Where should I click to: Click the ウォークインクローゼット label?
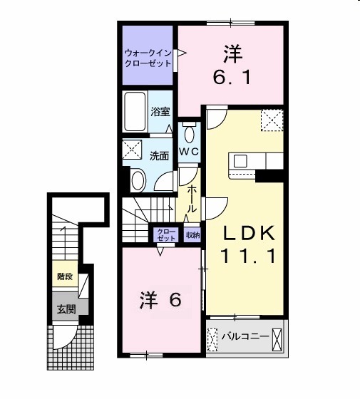pos(148,58)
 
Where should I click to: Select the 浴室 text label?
pos(160,111)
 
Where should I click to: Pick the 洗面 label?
pos(159,156)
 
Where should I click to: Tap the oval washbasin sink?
pos(138,180)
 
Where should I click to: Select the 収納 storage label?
pos(192,234)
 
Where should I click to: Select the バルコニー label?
pos(245,336)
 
